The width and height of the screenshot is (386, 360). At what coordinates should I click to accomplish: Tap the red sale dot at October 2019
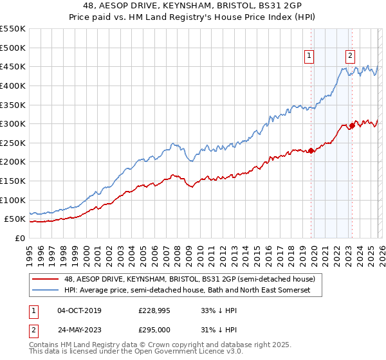pyautogui.click(x=311, y=151)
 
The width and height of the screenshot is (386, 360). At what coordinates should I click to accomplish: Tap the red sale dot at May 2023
pyautogui.click(x=352, y=126)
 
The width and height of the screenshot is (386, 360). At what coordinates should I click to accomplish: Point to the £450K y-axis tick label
pyautogui.click(x=13, y=66)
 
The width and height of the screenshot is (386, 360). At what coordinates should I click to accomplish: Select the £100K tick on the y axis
pyautogui.click(x=13, y=200)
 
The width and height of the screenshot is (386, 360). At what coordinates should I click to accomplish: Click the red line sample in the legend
pyautogui.click(x=46, y=279)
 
